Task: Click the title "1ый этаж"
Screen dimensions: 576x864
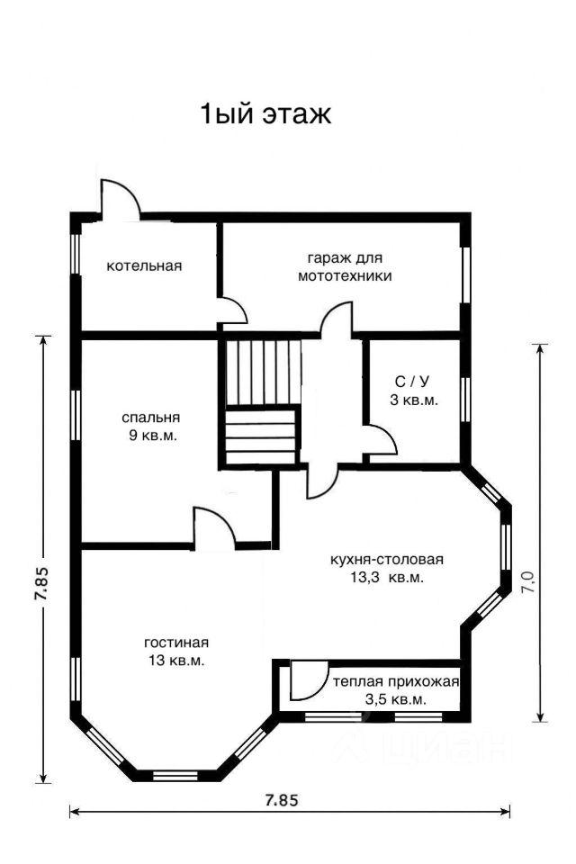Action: coord(265,114)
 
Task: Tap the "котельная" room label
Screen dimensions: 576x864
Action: coord(144,266)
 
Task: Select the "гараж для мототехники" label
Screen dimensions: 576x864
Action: coord(345,266)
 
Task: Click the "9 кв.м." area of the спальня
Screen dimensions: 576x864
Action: coord(153,436)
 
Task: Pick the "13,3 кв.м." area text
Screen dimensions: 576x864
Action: coord(386,578)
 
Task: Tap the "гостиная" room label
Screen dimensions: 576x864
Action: coord(176,643)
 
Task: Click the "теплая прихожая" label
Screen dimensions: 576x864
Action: coord(396,681)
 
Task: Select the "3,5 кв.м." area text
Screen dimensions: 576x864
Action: coord(395,700)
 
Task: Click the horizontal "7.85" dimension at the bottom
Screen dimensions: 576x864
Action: coord(282,799)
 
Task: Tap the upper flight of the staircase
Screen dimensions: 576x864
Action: coord(264,373)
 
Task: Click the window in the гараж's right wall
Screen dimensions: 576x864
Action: coord(466,274)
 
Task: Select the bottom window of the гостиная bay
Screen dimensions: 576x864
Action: coord(175,775)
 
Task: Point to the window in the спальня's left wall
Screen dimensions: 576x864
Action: coord(76,415)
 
